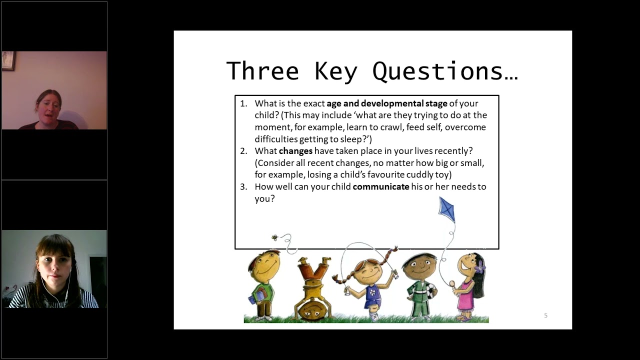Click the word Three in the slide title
click(x=262, y=71)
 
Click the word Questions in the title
click(x=444, y=71)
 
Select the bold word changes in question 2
click(x=295, y=151)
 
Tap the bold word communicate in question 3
click(x=381, y=187)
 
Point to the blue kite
click(x=447, y=209)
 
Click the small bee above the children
click(x=274, y=237)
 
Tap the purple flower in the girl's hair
click(x=480, y=266)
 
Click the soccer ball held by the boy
click(x=430, y=290)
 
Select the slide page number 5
click(x=545, y=315)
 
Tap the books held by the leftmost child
click(x=254, y=296)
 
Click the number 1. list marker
click(x=243, y=103)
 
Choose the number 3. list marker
click(x=243, y=187)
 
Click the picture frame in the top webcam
click(x=8, y=61)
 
